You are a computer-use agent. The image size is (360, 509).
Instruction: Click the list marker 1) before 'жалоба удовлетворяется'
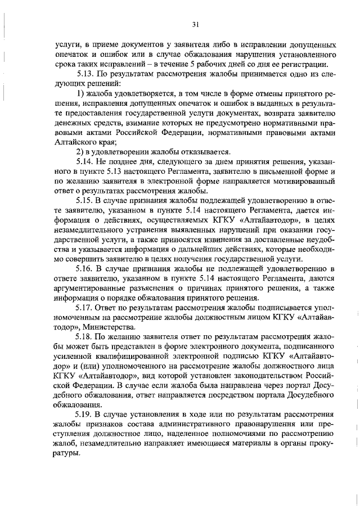(80, 93)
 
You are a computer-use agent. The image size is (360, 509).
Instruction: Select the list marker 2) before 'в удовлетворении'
(80, 152)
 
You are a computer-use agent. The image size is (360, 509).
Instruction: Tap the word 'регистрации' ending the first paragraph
(307, 63)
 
